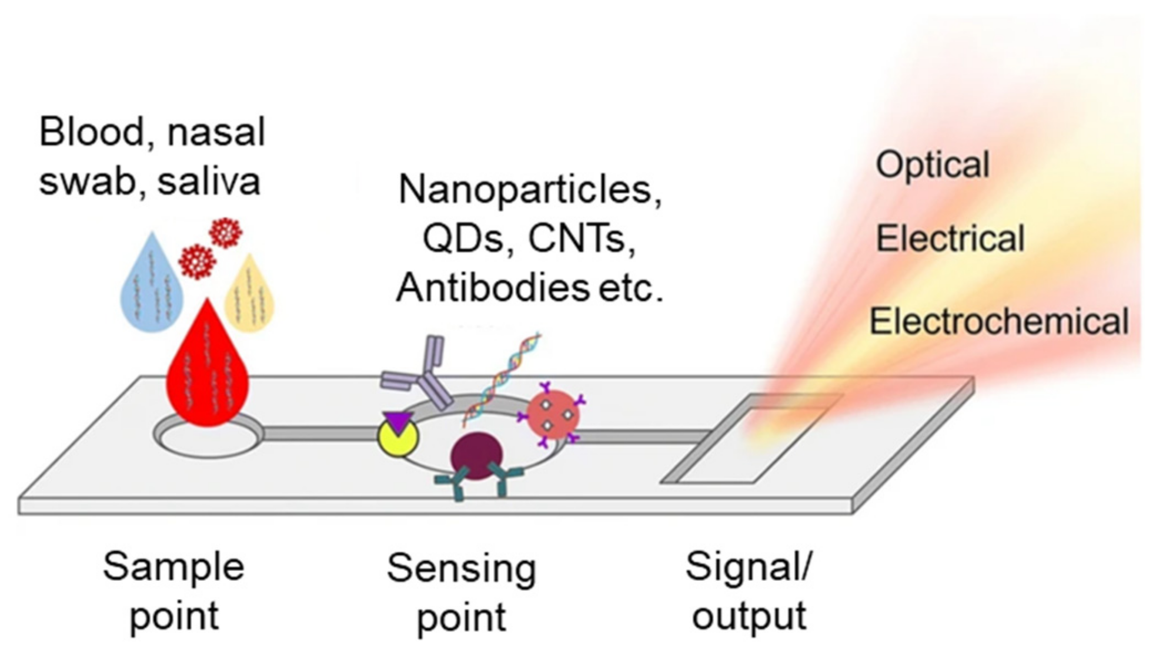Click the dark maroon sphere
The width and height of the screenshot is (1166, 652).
[x=476, y=456]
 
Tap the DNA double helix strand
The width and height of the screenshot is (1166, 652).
[x=503, y=376]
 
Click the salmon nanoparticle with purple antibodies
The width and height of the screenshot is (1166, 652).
[x=552, y=415]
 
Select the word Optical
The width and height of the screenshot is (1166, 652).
[x=933, y=165]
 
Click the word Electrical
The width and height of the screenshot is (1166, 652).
[x=950, y=238]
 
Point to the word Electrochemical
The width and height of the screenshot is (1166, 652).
[x=999, y=321]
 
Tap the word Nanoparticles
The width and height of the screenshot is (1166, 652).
[x=530, y=190]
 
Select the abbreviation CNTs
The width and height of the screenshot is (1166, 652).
[x=581, y=239]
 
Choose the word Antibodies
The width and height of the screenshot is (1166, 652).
[x=493, y=288]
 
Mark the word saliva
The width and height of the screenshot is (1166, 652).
[x=209, y=182]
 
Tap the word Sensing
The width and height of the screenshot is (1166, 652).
[x=462, y=569]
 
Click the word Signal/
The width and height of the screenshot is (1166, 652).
[x=749, y=567]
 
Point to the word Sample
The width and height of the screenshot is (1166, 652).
[x=173, y=567]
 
